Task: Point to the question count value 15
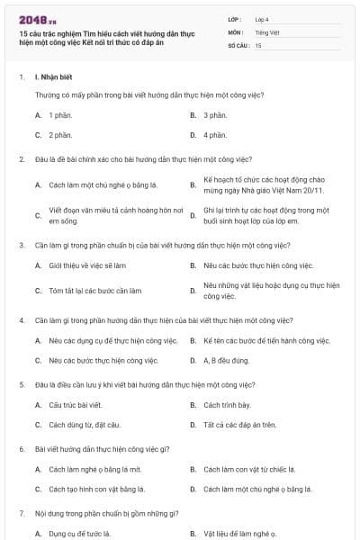[x=258, y=44]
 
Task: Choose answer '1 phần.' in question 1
[x=60, y=115]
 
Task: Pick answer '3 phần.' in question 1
[x=214, y=115]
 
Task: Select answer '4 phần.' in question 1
[x=214, y=135]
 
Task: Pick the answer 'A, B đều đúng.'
[x=227, y=361]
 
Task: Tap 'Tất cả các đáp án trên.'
[x=239, y=425]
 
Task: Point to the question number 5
[x=21, y=384]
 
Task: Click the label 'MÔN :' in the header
[x=237, y=31]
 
